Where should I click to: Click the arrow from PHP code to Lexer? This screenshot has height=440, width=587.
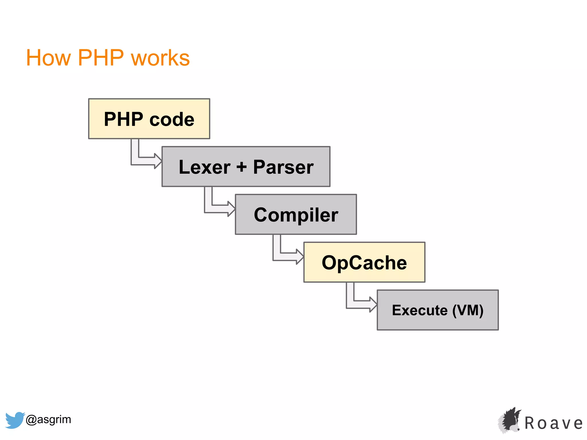[143, 161]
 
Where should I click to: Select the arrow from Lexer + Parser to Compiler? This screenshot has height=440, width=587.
[217, 209]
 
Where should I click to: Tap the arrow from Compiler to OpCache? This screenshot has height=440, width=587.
[285, 256]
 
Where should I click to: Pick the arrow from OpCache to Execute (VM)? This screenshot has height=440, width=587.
[359, 304]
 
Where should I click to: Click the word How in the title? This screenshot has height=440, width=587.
[48, 58]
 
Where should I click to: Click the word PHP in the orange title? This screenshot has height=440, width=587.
[101, 58]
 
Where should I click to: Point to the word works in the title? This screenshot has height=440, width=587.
[160, 58]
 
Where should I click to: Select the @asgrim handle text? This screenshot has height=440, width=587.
[48, 419]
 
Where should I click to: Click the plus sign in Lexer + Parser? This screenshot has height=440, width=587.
[241, 167]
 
